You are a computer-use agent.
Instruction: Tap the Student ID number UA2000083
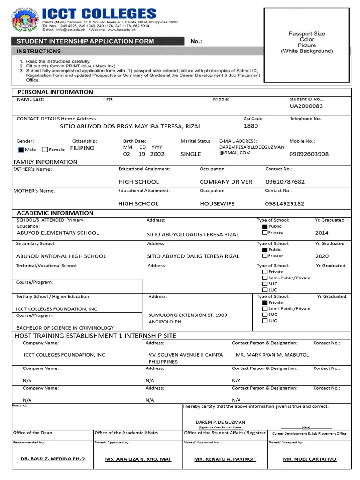(306, 106)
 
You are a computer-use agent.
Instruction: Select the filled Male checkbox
(21, 150)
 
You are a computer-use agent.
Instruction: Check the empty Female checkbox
(45, 150)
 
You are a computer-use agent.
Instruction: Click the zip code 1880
(251, 126)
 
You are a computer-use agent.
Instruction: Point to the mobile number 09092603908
(309, 154)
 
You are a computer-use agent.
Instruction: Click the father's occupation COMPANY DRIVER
(225, 182)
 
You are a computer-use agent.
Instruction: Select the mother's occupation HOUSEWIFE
(217, 204)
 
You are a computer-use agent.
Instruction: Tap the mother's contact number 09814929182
(285, 204)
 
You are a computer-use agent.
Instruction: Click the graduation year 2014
(322, 233)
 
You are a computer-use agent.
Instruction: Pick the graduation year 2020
(322, 256)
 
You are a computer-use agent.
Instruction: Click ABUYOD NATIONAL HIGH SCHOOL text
(61, 256)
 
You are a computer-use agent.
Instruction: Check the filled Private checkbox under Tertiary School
(265, 303)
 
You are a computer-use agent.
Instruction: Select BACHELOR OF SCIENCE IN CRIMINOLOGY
(65, 328)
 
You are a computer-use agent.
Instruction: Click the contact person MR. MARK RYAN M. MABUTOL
(272, 355)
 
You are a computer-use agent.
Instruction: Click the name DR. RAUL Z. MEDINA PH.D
(53, 459)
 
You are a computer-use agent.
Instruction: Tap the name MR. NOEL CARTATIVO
(309, 459)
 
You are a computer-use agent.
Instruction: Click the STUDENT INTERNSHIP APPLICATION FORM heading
(85, 41)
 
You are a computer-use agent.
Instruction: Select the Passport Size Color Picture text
(307, 43)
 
